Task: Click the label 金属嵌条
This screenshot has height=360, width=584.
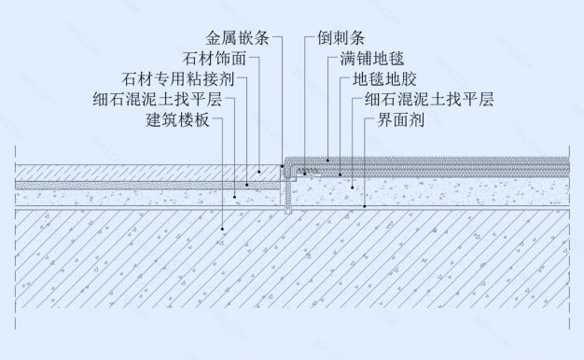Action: point(239,39)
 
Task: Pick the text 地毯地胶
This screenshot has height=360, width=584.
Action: point(379,79)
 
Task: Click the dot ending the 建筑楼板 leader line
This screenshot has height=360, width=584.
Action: point(223,228)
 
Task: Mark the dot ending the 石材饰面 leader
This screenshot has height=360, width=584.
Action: point(260,172)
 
